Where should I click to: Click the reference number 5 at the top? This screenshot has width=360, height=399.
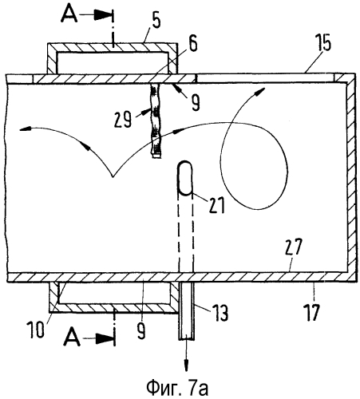click(x=156, y=22)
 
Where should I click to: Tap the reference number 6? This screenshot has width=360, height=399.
click(x=193, y=43)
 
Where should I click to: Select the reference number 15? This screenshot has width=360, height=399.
click(x=322, y=42)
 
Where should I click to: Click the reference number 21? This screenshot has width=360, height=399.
click(x=217, y=205)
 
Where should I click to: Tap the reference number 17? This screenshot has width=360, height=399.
click(x=311, y=313)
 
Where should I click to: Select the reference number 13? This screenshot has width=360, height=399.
click(x=220, y=313)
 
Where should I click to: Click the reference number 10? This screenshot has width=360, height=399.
click(x=35, y=330)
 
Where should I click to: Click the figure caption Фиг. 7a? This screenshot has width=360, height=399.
click(x=177, y=389)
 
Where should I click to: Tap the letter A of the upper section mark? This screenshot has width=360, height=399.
click(x=69, y=15)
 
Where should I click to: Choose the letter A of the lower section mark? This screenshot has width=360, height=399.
click(x=73, y=338)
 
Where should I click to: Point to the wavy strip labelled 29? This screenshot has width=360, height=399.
click(x=156, y=121)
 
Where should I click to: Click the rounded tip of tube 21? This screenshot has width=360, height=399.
click(x=185, y=165)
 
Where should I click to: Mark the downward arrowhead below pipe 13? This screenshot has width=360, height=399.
click(x=186, y=365)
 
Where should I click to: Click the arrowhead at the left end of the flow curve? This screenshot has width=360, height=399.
click(x=26, y=129)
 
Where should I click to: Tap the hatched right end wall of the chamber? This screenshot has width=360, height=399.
click(x=351, y=177)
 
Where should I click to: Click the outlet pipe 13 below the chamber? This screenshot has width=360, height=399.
click(x=186, y=310)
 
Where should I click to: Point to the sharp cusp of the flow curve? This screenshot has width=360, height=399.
click(x=113, y=176)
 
